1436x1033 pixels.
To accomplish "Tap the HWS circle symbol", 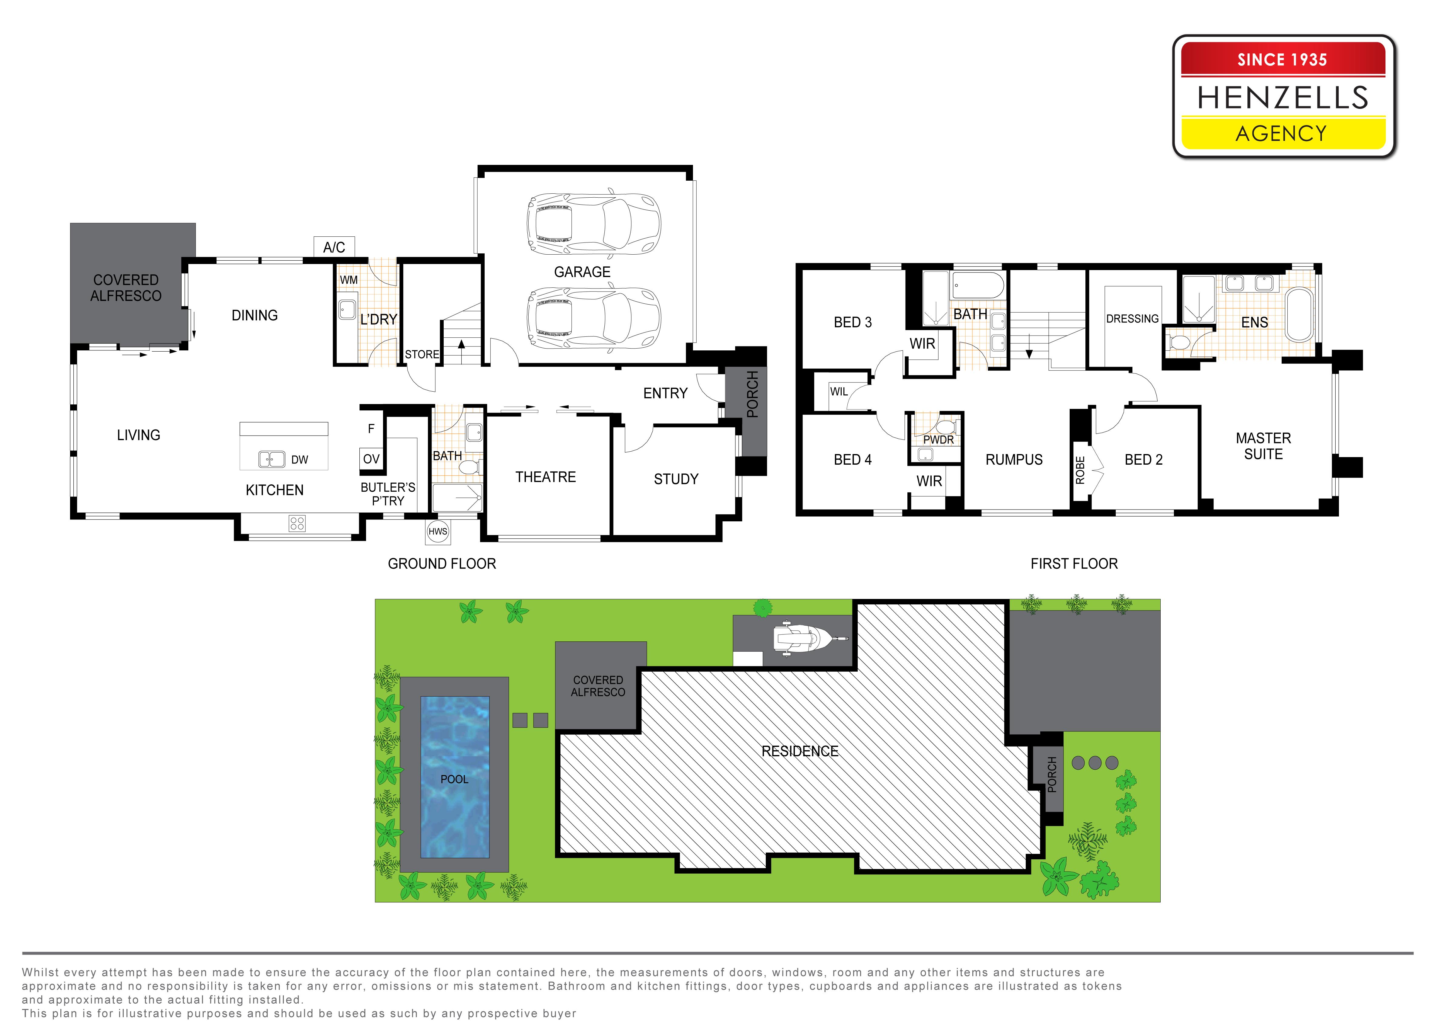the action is click(x=438, y=532).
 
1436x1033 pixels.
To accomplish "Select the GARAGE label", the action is click(x=582, y=272).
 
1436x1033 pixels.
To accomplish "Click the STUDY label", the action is click(x=676, y=479).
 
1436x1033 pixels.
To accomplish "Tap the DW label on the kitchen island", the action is click(x=300, y=460).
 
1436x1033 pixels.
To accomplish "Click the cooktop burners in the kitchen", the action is click(x=297, y=523).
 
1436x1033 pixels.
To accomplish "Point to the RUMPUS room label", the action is click(x=1014, y=460).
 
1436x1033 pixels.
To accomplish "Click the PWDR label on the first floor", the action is click(x=938, y=439).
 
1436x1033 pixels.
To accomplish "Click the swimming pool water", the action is click(x=455, y=777).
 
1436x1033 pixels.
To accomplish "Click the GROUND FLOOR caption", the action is click(x=442, y=563).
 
